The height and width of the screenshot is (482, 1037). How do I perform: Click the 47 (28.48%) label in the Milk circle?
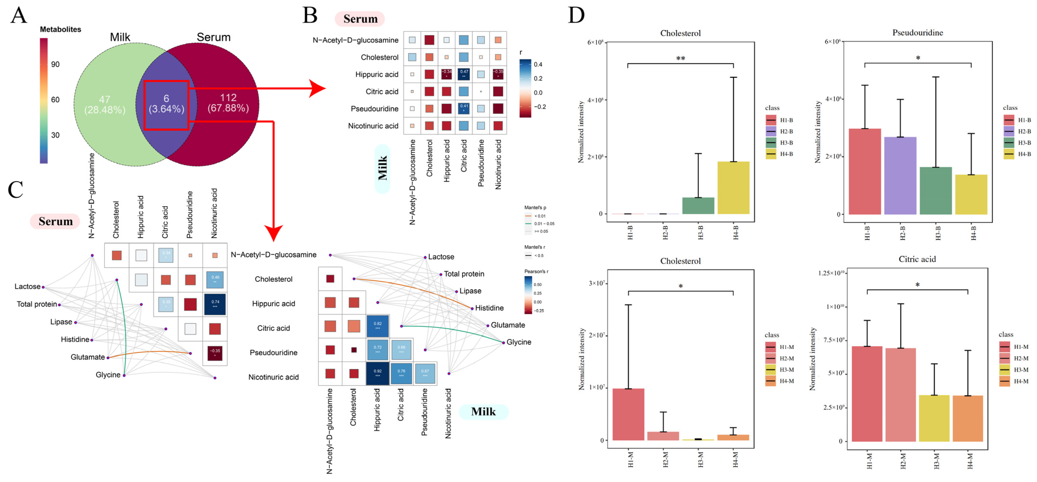tap(105, 105)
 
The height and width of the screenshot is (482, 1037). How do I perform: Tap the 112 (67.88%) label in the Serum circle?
tap(228, 103)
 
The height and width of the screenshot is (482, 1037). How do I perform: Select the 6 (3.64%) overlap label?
tap(166, 104)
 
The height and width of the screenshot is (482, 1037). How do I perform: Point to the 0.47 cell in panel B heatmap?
tap(464, 74)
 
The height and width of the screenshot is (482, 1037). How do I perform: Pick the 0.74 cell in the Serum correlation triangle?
tap(215, 304)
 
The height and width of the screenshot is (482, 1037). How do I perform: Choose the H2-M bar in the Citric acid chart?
tap(901, 395)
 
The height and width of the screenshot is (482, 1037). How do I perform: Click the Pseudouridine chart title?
tap(917, 33)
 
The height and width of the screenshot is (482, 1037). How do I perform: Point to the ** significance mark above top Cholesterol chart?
tap(680, 59)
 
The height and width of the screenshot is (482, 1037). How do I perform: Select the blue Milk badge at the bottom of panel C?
tap(483, 411)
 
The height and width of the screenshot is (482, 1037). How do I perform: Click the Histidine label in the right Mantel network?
tap(489, 308)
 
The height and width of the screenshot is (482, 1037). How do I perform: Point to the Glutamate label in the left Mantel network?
tap(87, 357)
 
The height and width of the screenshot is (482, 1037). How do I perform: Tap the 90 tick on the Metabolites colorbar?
tap(55, 64)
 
